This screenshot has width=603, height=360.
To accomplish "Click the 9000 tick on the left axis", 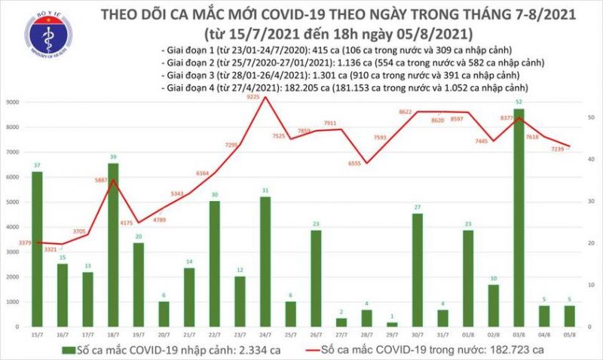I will (13, 102).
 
